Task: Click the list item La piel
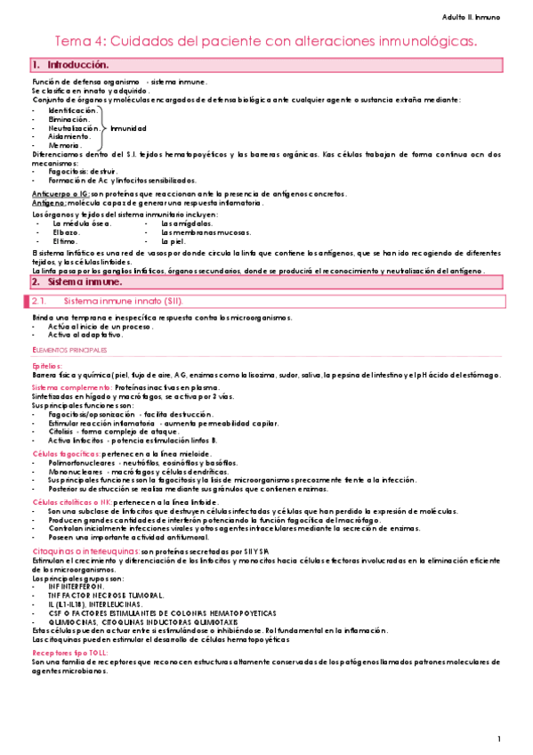pyautogui.click(x=171, y=240)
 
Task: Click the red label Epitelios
pyautogui.click(x=48, y=366)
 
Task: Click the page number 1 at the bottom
pyautogui.click(x=500, y=739)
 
